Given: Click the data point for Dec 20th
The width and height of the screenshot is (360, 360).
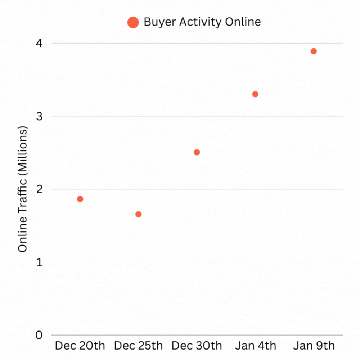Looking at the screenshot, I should tap(80, 199).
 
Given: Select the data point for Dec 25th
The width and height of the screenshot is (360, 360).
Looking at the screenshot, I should tap(138, 214).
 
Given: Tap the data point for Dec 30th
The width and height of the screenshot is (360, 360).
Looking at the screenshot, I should tap(197, 152).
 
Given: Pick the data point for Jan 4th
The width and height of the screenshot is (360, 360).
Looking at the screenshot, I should tap(255, 94).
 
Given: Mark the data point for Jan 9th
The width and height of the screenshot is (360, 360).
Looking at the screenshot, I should tap(314, 51).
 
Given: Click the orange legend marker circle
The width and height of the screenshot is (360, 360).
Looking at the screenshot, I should tap(133, 23).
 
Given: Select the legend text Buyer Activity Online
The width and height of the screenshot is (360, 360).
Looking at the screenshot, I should tap(202, 22).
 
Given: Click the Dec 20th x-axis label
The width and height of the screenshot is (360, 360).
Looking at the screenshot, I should tap(80, 346).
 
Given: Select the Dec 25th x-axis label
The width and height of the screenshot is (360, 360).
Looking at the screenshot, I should tap(138, 346).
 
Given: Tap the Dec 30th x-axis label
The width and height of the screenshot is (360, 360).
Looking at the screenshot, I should tap(197, 346).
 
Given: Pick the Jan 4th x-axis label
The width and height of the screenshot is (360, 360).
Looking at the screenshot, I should tap(255, 346).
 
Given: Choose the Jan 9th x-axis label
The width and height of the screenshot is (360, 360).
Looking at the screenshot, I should tap(314, 346).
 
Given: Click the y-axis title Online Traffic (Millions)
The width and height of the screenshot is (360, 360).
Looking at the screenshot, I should tap(23, 189).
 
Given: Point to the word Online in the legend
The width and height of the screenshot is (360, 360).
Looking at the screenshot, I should tap(243, 22).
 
